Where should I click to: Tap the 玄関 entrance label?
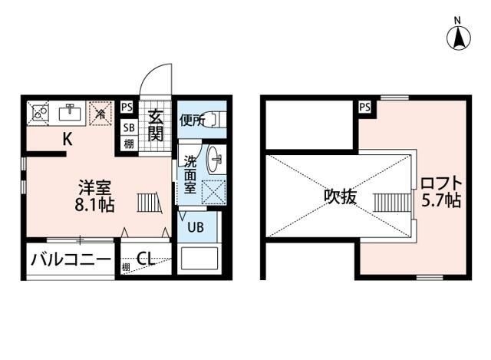[x=156, y=126]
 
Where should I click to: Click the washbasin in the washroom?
[x=216, y=160]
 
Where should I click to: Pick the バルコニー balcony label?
[x=71, y=259]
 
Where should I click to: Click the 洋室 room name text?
[x=95, y=187]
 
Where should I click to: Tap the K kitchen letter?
[x=67, y=139]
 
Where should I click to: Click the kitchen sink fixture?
[x=71, y=113]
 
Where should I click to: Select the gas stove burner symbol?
[x=37, y=113]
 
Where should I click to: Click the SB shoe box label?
[x=129, y=128]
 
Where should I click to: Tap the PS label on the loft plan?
[x=364, y=107]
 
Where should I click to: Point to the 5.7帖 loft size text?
[x=440, y=202]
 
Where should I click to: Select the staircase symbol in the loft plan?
[x=388, y=203]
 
